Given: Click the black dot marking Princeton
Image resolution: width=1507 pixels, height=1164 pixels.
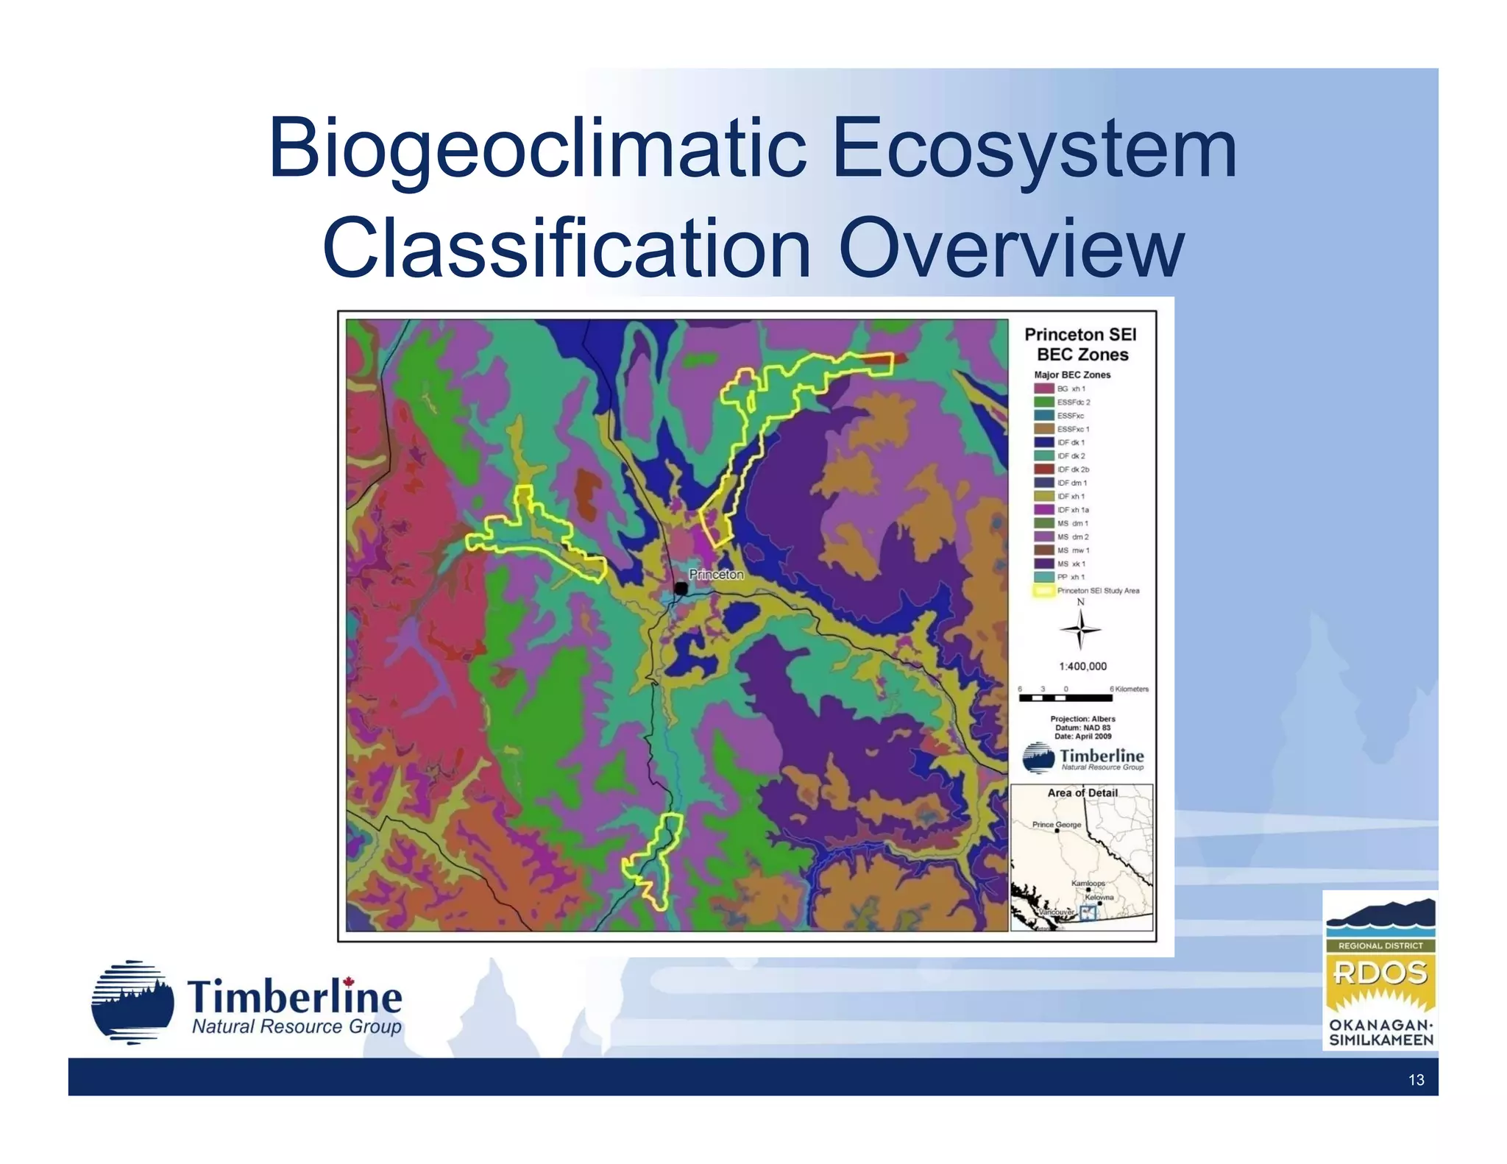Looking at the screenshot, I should point(681,589).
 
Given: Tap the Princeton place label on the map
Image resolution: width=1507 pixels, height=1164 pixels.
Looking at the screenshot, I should point(716,574).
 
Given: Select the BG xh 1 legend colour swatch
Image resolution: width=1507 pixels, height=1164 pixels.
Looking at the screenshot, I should point(1044,388).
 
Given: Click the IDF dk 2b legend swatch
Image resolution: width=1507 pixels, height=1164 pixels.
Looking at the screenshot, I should point(1044,469).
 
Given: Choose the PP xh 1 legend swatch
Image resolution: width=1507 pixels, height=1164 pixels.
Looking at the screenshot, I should point(1044,577).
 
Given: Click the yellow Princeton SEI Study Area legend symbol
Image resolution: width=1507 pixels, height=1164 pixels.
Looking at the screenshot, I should point(1044,591).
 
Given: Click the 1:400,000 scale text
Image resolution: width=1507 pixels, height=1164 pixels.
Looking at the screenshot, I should point(1082,667).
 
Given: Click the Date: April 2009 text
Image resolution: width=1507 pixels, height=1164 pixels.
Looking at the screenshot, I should point(1082,737).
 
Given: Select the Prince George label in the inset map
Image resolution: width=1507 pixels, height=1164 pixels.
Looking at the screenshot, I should point(1057,825).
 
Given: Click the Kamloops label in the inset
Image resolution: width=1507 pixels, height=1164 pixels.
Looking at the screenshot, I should point(1088,883).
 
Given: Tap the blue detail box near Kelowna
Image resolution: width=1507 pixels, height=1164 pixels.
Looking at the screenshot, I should point(1088,913).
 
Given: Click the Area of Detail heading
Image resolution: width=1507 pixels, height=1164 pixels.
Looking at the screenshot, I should point(1082,793).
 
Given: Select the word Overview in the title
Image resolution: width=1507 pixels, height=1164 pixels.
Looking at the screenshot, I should point(1010,249).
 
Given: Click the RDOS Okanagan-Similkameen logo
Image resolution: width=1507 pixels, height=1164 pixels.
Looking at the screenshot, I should point(1380,971).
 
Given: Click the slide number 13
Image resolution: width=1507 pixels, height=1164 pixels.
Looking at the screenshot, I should point(1416,1079).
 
